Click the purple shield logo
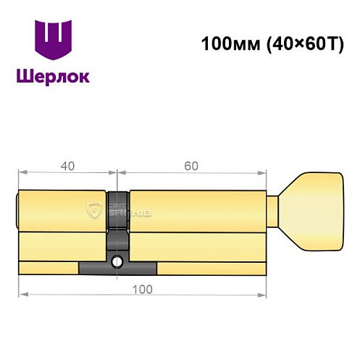tap(55, 42)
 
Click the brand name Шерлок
tap(55, 76)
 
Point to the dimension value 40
tap(67, 166)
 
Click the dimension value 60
tap(191, 166)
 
